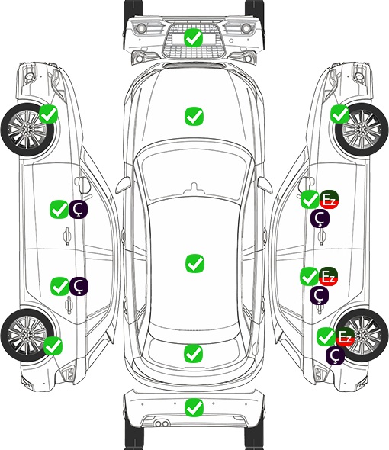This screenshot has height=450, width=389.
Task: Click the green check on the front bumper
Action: (x=194, y=37)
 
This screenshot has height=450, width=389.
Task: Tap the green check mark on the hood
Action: (x=194, y=116)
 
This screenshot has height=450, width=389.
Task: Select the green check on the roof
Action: (x=194, y=263)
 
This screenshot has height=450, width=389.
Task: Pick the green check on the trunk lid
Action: (x=194, y=353)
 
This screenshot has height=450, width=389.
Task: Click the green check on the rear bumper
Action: (x=194, y=407)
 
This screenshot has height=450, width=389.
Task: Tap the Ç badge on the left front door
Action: (x=78, y=209)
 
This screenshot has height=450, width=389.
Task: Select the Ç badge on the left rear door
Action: (x=79, y=286)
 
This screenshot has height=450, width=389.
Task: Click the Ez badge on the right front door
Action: (x=329, y=200)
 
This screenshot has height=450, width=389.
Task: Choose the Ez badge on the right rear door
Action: (x=328, y=276)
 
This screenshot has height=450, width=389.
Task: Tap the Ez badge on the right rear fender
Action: (x=345, y=336)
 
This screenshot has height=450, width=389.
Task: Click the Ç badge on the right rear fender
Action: (x=335, y=355)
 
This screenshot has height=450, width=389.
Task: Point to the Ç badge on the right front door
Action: (x=320, y=218)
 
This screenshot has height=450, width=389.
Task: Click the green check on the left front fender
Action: (x=48, y=114)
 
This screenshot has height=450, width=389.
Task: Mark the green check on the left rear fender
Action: (x=53, y=346)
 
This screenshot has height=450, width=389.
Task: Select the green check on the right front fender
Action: (x=340, y=114)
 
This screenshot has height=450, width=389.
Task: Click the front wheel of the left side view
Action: (x=27, y=130)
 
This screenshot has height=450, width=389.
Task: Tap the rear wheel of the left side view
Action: (x=27, y=335)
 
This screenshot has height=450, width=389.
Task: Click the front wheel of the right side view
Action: (x=362, y=130)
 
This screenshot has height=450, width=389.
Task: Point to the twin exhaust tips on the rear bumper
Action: (x=162, y=424)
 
